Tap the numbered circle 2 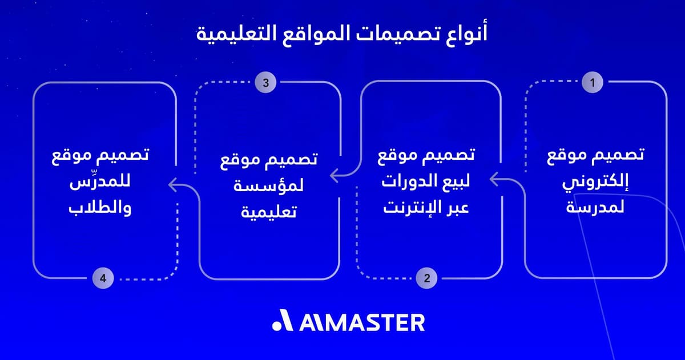coord(427,278)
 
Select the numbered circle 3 coord(265,82)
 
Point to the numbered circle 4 coord(103,278)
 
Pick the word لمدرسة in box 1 coord(595,208)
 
